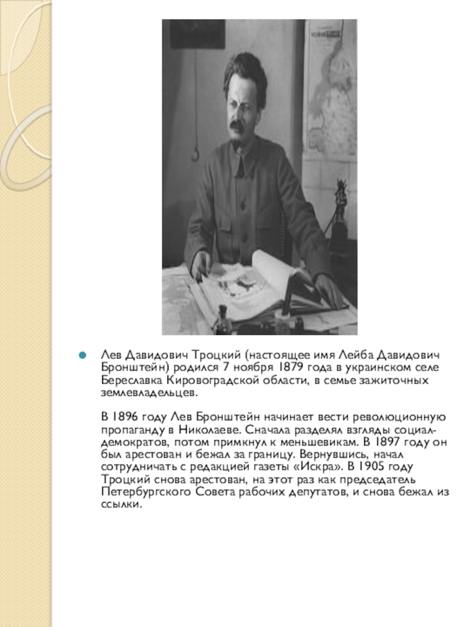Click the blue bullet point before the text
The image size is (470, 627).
coord(83,356)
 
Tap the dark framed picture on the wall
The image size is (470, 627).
coord(197,33)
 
